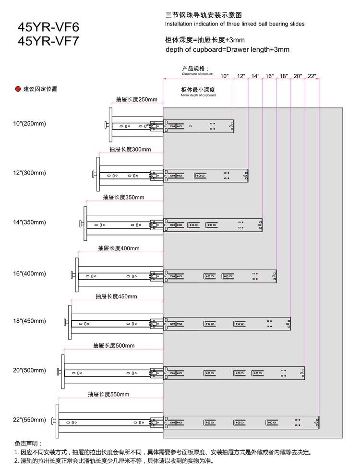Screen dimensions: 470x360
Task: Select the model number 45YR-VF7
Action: (x=48, y=41)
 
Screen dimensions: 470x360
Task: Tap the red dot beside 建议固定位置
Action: (x=18, y=89)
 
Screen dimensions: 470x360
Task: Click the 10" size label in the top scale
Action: (x=225, y=76)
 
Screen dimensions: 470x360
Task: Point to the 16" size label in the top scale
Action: (x=269, y=76)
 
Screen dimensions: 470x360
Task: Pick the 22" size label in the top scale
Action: (x=312, y=76)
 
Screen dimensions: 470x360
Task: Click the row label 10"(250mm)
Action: (x=30, y=124)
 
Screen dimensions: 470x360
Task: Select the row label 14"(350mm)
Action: (x=30, y=223)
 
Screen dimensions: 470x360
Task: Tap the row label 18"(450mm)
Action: (x=30, y=321)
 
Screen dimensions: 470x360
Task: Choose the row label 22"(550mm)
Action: (x=30, y=420)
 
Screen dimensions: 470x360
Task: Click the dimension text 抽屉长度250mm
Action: (x=137, y=100)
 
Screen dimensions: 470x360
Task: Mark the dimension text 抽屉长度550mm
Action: (x=108, y=394)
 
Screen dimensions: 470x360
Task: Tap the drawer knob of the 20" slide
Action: (x=59, y=372)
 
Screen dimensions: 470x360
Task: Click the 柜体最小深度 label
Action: (x=198, y=90)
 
